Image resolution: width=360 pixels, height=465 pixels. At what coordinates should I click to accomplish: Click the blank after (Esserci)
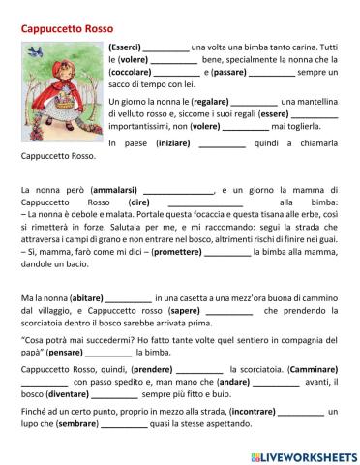point(166,47)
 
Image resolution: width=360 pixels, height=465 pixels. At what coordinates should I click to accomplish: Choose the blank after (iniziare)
point(223,143)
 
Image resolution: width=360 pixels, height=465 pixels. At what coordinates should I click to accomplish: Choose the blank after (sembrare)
point(125,424)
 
